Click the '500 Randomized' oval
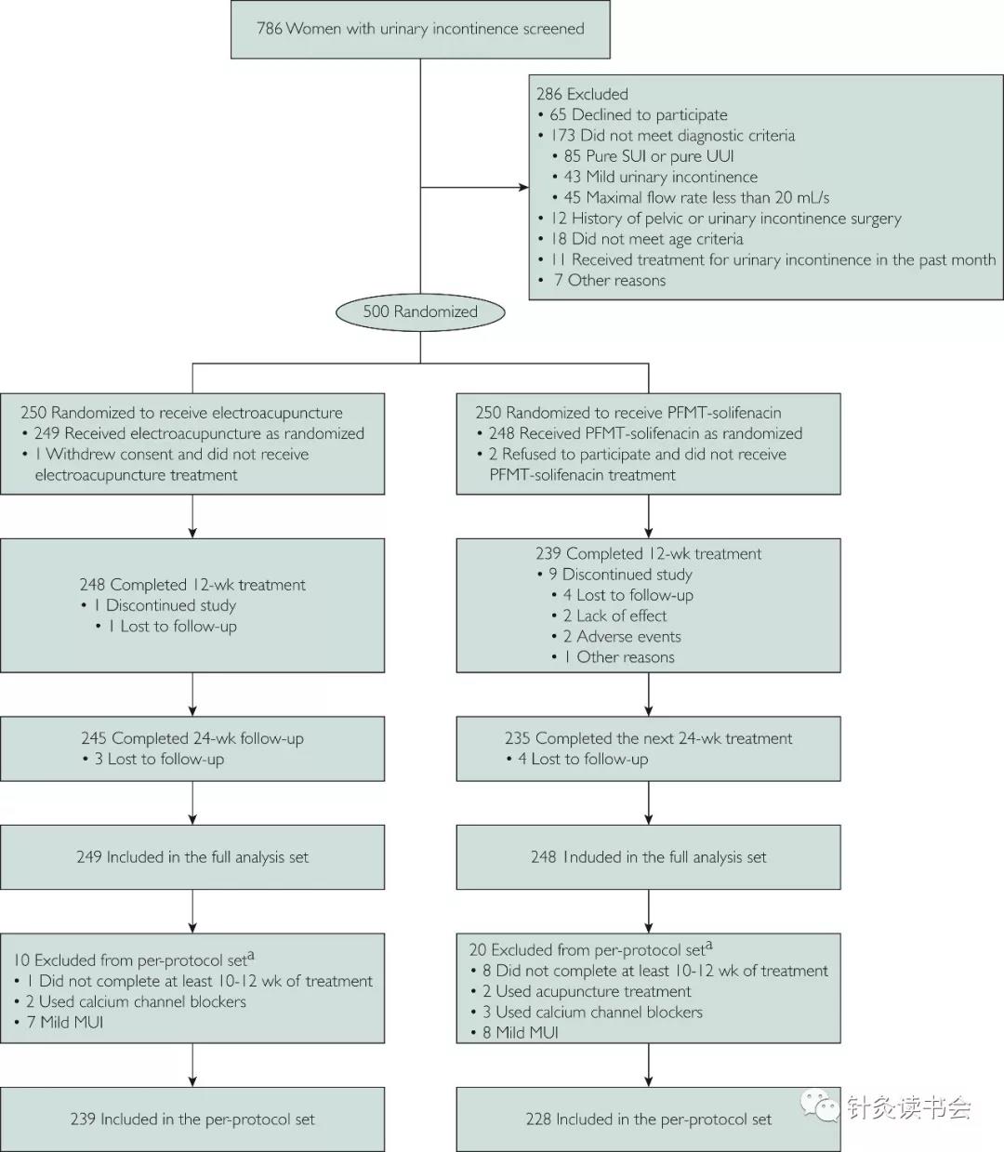(420, 311)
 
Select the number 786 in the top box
(269, 29)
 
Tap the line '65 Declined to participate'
(639, 115)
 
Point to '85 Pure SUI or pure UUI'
(649, 156)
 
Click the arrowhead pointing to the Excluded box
(524, 187)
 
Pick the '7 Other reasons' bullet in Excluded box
(610, 281)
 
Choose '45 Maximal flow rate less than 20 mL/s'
(696, 198)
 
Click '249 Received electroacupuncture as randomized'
(199, 433)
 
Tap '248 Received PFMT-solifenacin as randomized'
(645, 433)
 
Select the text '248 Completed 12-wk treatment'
(192, 585)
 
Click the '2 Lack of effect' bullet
(614, 616)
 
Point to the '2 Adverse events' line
(622, 637)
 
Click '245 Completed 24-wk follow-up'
(192, 738)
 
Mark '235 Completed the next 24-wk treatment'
(648, 738)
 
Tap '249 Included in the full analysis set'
(192, 857)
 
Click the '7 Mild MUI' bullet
(65, 1023)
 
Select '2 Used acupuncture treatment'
(587, 991)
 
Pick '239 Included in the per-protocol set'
(192, 1119)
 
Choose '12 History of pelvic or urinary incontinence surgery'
(726, 218)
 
